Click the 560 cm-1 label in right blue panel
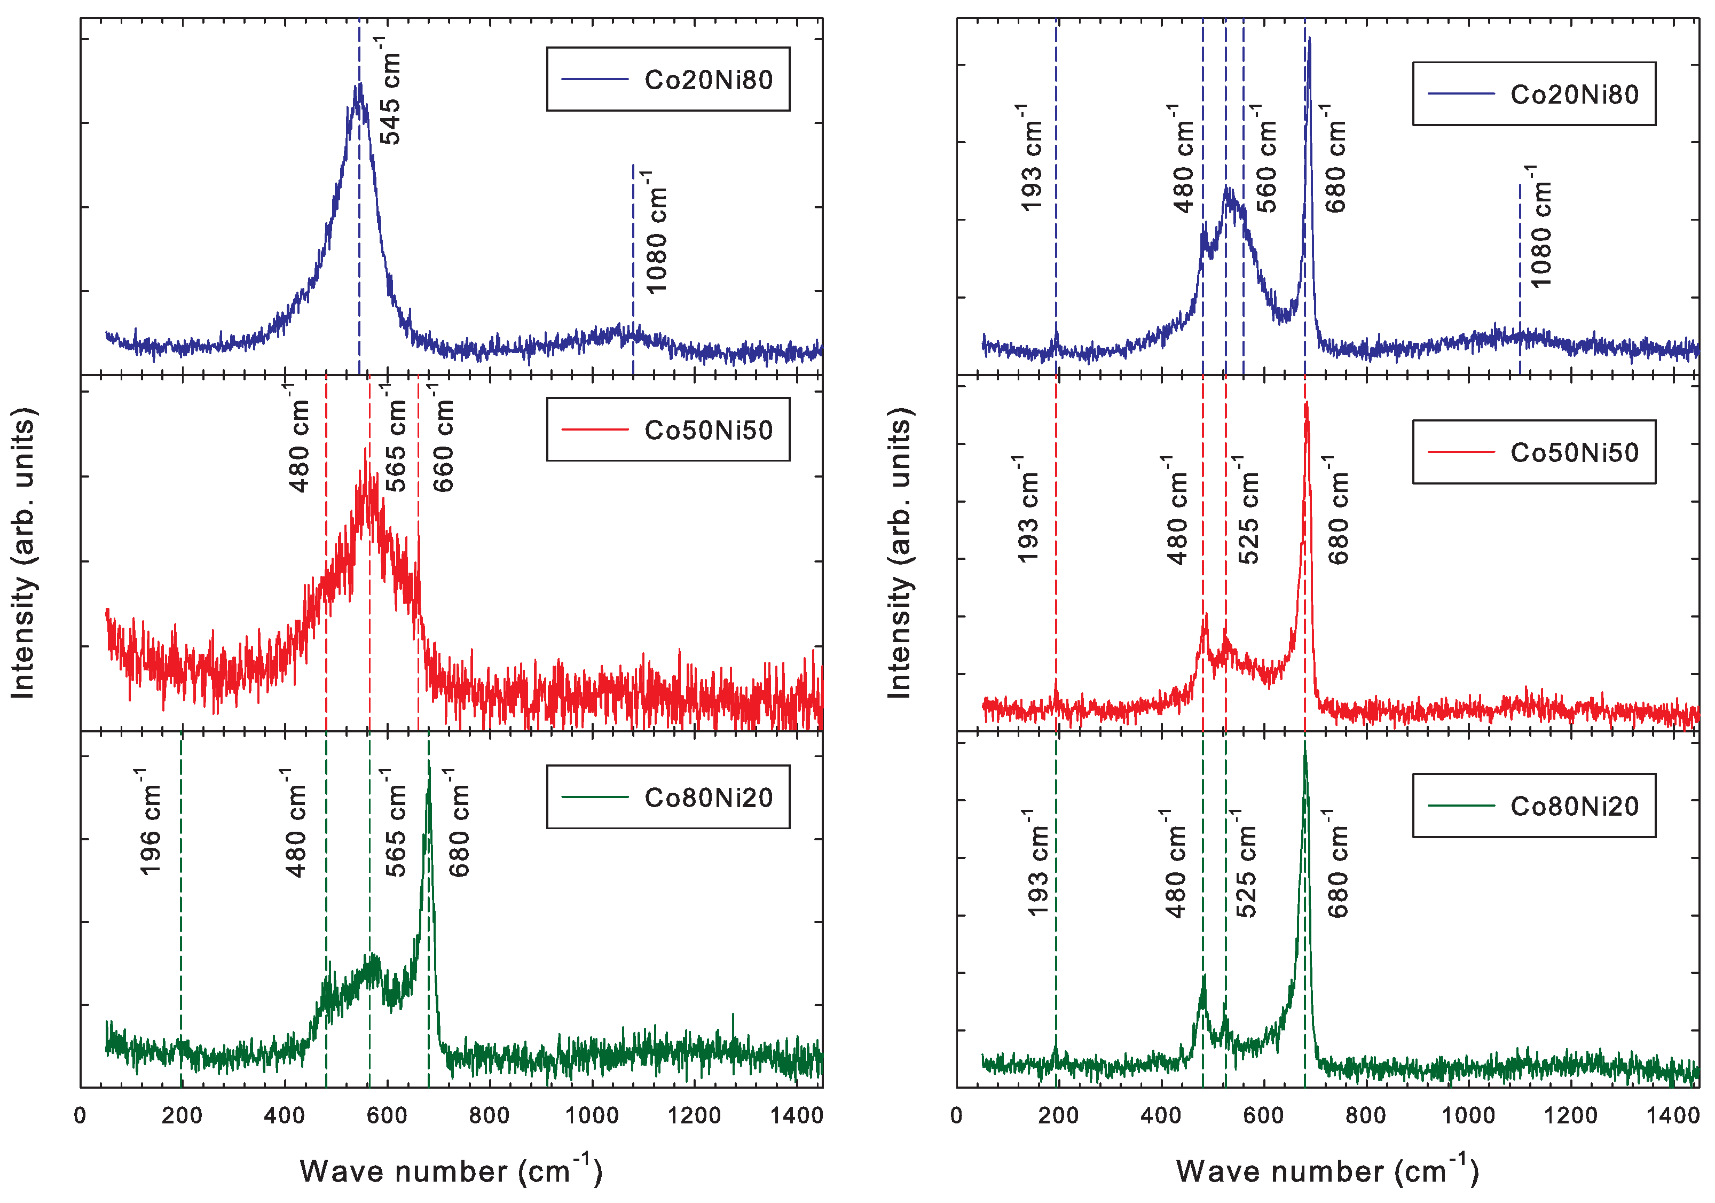[1265, 159]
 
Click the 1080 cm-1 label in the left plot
[655, 232]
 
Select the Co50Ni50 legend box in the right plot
[1533, 452]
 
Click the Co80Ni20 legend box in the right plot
[1533, 806]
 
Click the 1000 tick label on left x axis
[591, 1115]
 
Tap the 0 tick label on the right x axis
[956, 1115]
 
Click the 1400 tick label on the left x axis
[796, 1115]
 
